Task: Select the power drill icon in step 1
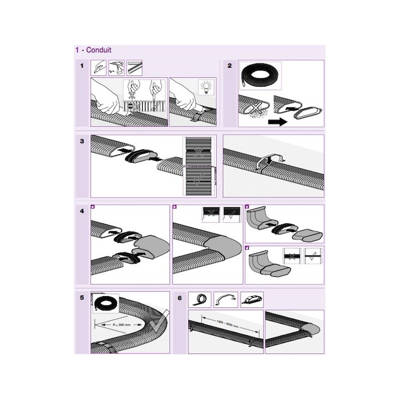coord(116,68)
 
